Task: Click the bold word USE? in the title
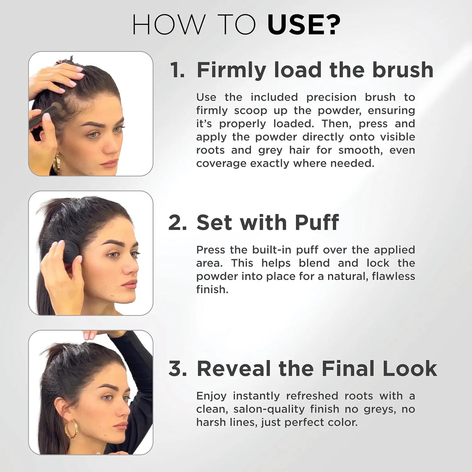tap(304, 25)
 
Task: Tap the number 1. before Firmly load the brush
tap(177, 70)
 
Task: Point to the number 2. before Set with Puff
tap(177, 223)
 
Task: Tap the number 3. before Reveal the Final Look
tap(177, 368)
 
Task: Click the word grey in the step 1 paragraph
tap(270, 150)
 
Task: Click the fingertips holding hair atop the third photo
tap(90, 335)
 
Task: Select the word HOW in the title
tap(168, 25)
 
